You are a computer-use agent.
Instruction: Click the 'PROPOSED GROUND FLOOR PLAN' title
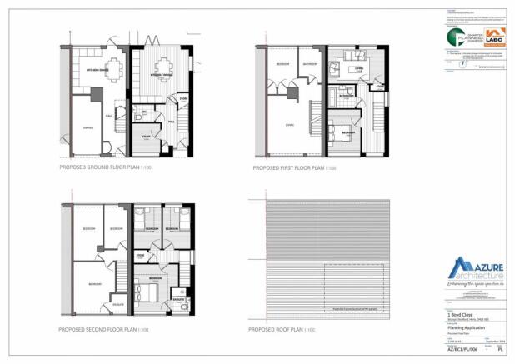tap(105, 167)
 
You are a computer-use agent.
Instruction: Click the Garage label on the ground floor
tap(87, 127)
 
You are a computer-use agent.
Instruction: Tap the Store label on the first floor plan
tap(377, 86)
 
